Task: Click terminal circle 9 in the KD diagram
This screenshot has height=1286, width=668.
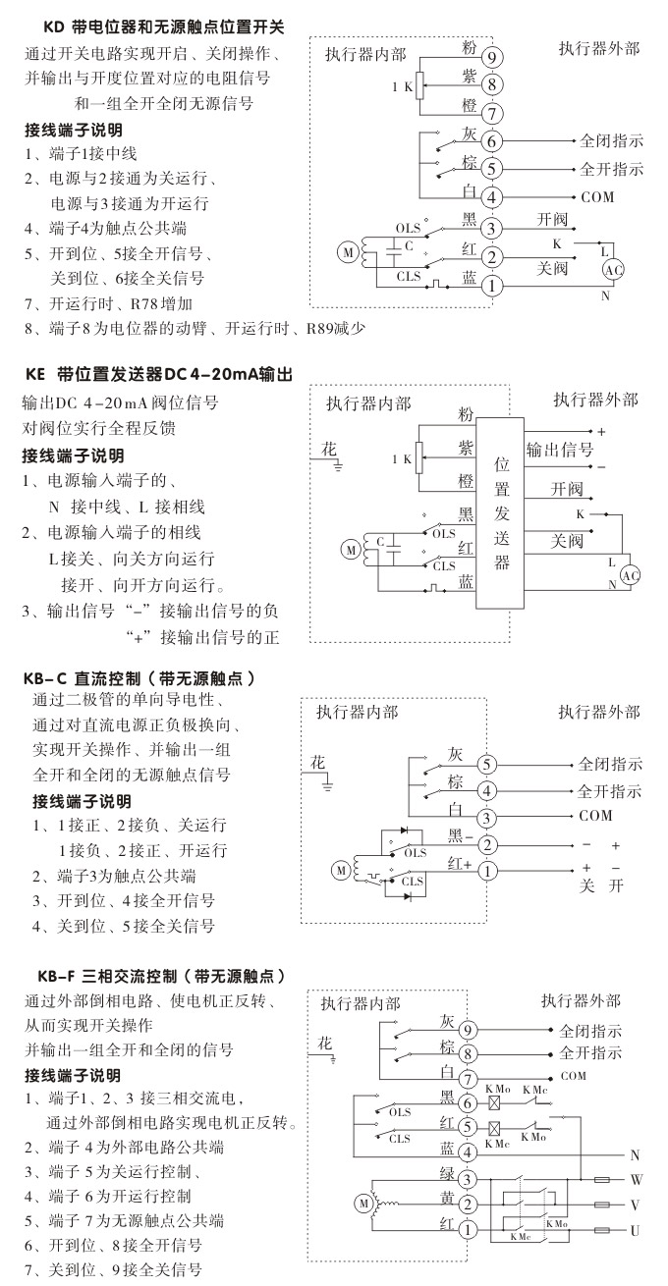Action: click(x=491, y=56)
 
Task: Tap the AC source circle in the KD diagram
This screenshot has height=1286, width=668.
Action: click(x=613, y=270)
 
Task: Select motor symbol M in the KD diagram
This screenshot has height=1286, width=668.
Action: click(x=348, y=253)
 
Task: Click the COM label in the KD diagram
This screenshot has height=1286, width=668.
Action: click(x=597, y=197)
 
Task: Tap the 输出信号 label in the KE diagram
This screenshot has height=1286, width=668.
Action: click(x=560, y=450)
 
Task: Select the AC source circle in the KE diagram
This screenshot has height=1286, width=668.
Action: click(x=632, y=574)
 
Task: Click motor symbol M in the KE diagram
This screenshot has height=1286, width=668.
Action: click(x=351, y=550)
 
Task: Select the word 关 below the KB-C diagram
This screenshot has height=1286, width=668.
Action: click(x=587, y=885)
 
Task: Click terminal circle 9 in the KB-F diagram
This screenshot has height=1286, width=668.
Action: click(x=469, y=1030)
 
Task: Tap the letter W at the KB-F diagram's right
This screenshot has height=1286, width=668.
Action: click(x=636, y=1178)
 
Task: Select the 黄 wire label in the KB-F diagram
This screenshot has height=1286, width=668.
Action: click(x=446, y=1199)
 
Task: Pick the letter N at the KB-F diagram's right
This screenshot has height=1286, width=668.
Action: click(x=635, y=1154)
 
